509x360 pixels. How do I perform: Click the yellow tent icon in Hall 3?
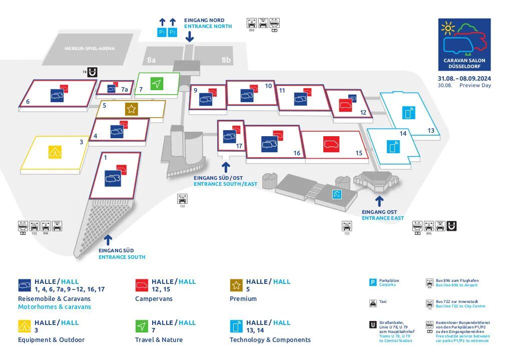coord(55,151)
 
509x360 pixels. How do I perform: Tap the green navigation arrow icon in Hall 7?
coord(157,84)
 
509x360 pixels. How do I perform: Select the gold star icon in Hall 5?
coord(131,109)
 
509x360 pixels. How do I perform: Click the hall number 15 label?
coord(359,153)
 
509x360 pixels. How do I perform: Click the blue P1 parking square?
coord(162,33)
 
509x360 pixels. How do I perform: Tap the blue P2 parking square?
coord(173,33)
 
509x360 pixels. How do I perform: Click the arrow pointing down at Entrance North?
coord(190,37)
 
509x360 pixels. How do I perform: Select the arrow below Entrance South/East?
coord(225,167)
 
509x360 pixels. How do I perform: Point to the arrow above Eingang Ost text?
coord(379,201)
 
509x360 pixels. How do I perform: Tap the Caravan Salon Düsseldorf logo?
coord(464,45)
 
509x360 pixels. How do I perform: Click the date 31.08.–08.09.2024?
coord(464,79)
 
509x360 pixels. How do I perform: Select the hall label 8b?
coord(226,60)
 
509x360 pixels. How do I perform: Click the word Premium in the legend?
coord(242,299)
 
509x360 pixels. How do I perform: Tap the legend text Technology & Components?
coord(270,340)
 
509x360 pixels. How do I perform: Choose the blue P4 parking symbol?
coord(337,195)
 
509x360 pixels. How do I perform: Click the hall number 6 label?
coord(28,102)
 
